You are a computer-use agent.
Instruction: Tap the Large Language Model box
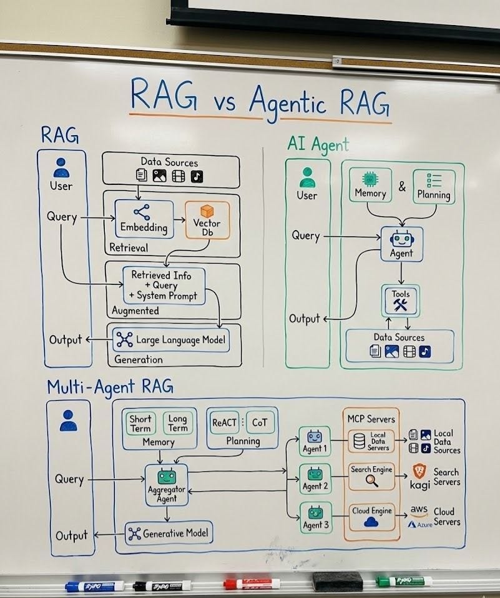[x=170, y=340]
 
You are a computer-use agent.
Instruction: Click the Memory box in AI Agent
[x=370, y=185]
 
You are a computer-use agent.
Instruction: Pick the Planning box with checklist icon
[x=434, y=186]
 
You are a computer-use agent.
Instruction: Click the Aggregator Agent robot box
[x=166, y=484]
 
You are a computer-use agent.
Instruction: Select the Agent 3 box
[x=315, y=516]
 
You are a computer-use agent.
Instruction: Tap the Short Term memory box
[x=140, y=423]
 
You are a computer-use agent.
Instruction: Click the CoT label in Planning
[x=258, y=422]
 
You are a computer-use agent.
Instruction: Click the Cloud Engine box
[x=371, y=517]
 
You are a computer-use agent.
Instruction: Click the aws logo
[x=419, y=511]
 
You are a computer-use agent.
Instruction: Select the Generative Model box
[x=169, y=534]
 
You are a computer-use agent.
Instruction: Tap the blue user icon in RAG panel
[x=61, y=169]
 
